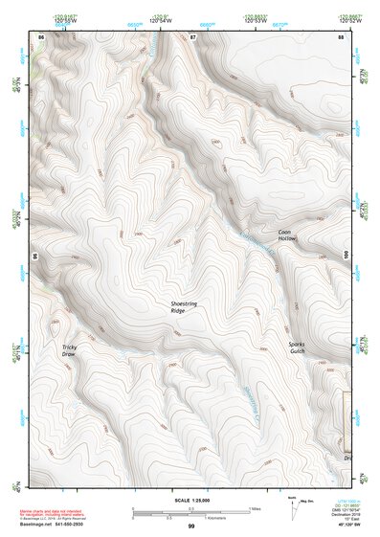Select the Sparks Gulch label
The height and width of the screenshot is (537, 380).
[x=300, y=347]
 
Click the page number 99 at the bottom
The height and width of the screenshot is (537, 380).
[x=190, y=526]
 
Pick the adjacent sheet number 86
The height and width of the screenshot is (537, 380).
[x=40, y=36]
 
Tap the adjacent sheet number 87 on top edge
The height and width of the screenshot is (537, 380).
[x=192, y=36]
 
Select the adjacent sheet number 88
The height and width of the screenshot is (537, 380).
[x=340, y=36]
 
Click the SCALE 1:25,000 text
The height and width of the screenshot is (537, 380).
[x=190, y=500]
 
